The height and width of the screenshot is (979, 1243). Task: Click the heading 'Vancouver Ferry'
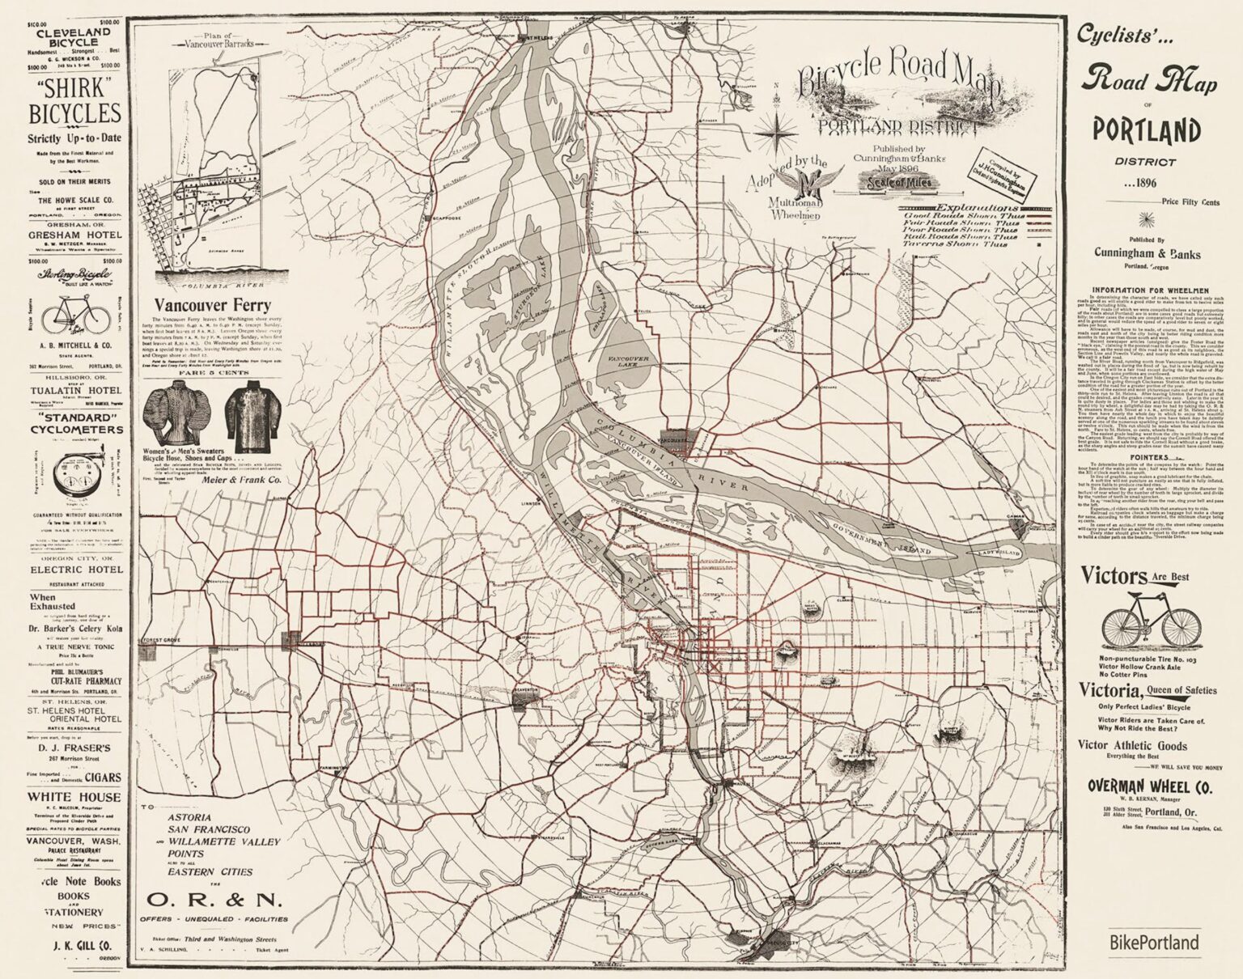tap(206, 306)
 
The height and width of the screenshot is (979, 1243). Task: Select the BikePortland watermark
tap(1153, 943)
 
